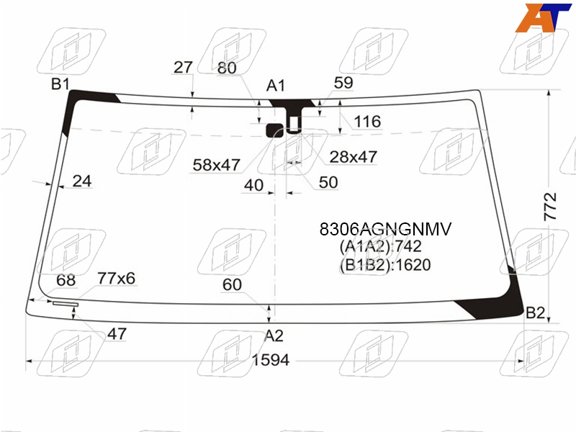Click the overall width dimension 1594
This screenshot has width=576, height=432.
tap(271, 360)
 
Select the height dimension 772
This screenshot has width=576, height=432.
tap(550, 207)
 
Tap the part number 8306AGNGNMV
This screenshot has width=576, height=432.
tap(385, 229)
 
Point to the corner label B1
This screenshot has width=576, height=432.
tap(60, 84)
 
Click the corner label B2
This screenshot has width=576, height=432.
tap(535, 312)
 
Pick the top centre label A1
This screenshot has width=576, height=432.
tap(276, 86)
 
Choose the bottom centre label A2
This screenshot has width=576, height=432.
tap(274, 336)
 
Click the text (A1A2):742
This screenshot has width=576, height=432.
tap(380, 246)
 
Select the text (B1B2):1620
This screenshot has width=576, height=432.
tap(385, 265)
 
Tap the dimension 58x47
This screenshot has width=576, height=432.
tap(217, 165)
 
